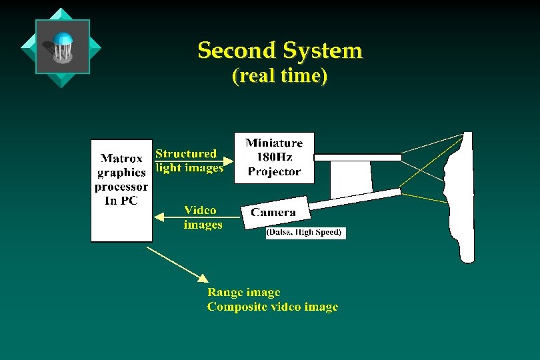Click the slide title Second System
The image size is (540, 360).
click(280, 51)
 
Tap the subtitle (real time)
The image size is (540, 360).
click(280, 76)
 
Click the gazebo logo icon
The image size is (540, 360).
click(61, 47)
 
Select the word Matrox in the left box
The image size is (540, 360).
click(121, 159)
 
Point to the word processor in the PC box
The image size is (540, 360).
click(121, 187)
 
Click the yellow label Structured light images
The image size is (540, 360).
click(189, 161)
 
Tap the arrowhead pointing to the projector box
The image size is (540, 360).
click(228, 161)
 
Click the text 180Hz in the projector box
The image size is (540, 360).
click(274, 157)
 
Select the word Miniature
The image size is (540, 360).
click(274, 143)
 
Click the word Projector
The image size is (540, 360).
click(274, 172)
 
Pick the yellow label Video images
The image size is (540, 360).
click(203, 217)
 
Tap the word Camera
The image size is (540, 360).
click(273, 213)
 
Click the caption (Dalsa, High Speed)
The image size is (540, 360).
click(305, 233)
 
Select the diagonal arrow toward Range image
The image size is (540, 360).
click(177, 263)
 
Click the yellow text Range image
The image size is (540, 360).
click(243, 293)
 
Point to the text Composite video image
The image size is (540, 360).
click(272, 307)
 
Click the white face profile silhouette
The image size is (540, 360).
click(465, 200)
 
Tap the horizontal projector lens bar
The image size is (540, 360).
click(357, 157)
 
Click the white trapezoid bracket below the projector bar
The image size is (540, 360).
click(351, 179)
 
